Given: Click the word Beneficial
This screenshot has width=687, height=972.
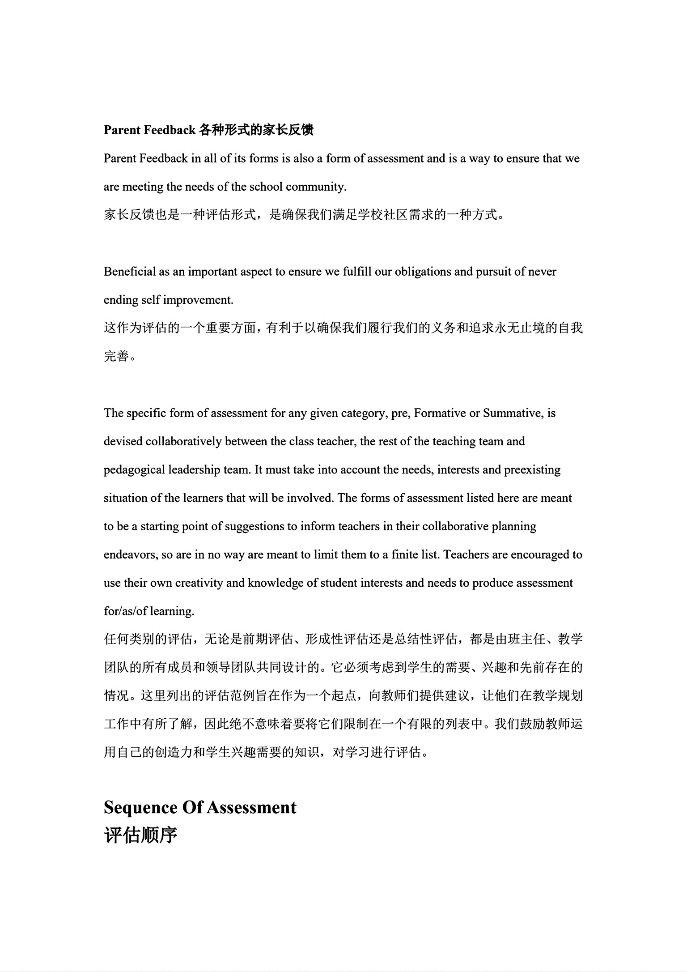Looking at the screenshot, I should pos(130,272).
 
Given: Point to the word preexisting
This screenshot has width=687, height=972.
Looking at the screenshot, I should pos(532,470).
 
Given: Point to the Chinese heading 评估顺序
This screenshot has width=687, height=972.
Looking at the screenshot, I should pos(141,835).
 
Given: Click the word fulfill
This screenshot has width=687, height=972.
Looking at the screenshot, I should pos(357,272).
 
